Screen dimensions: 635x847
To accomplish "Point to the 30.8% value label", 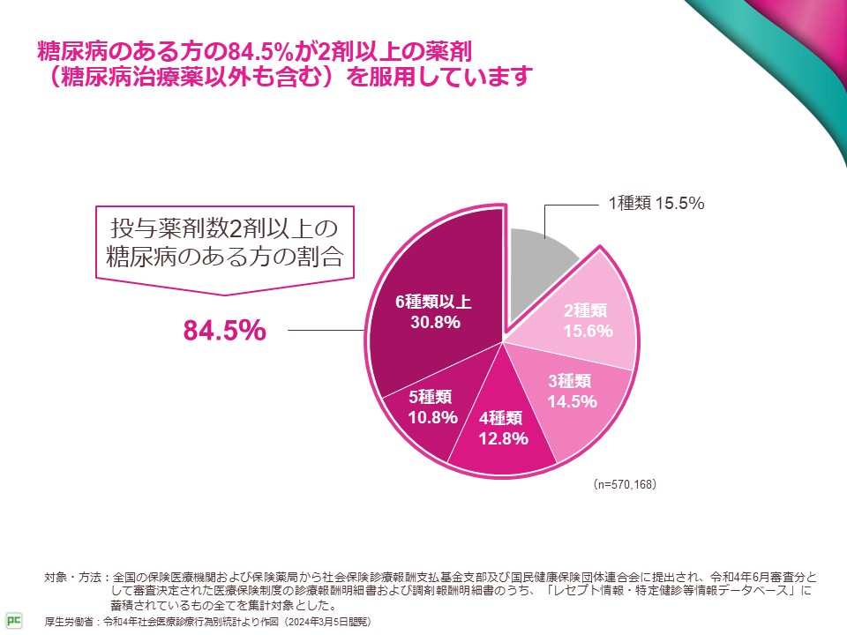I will pyautogui.click(x=435, y=323).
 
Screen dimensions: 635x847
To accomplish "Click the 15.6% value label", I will pyautogui.click(x=588, y=330).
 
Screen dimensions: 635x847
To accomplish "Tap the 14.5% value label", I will pyautogui.click(x=572, y=401).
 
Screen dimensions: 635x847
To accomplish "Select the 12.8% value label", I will pyautogui.click(x=503, y=438).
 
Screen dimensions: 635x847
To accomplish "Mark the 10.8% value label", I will pyautogui.click(x=432, y=417).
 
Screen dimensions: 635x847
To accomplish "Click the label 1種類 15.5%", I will pyautogui.click(x=656, y=204).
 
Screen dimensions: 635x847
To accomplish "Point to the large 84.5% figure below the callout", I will pyautogui.click(x=224, y=331).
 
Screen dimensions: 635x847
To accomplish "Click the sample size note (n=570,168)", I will pyautogui.click(x=624, y=485).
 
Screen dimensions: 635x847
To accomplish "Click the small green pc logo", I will pyautogui.click(x=12, y=617).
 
